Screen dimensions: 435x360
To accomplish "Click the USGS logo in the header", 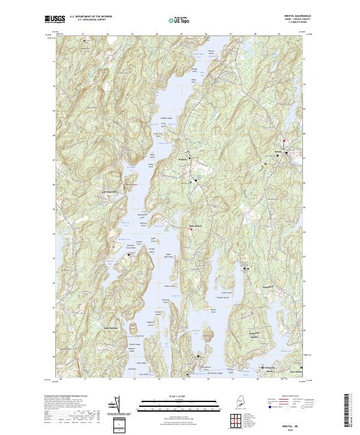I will tap(55, 19).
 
